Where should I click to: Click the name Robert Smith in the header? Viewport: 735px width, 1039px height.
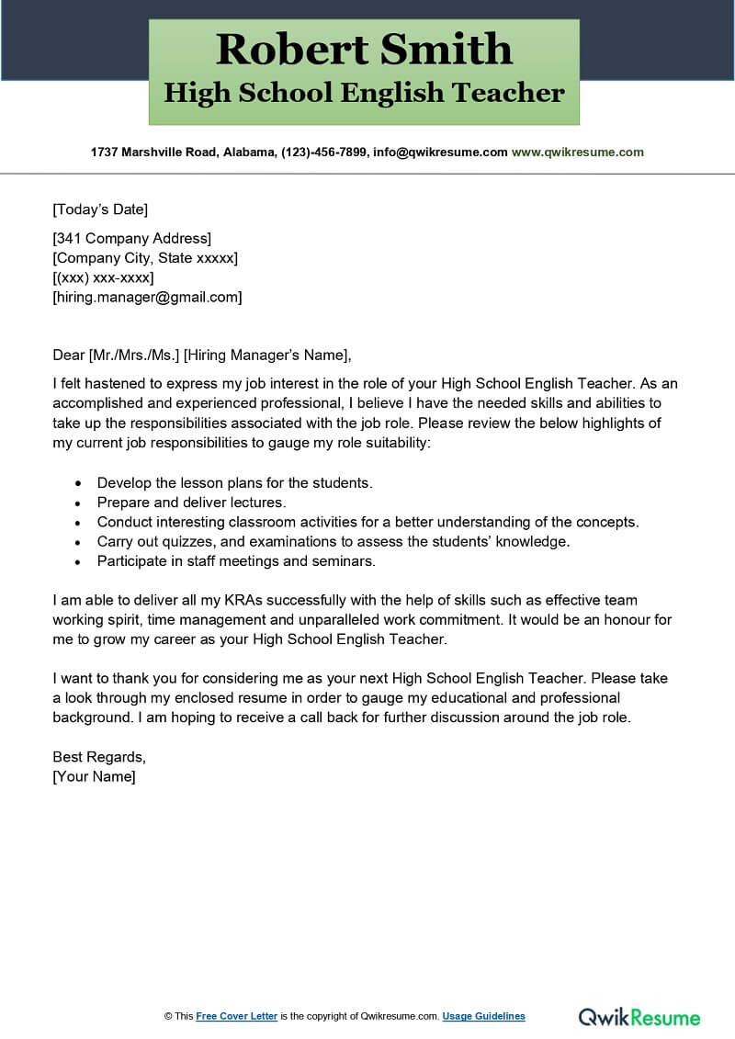[364, 49]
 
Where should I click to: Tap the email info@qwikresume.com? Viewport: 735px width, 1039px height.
[439, 152]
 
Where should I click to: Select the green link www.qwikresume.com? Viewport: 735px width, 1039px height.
[577, 152]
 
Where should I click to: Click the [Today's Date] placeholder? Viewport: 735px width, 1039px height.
[100, 209]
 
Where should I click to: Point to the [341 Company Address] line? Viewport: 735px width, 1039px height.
[131, 239]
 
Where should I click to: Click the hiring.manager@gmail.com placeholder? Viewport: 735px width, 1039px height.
[147, 297]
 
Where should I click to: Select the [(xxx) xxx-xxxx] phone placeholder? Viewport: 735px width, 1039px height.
[103, 277]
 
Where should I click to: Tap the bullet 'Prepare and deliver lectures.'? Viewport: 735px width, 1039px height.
[192, 503]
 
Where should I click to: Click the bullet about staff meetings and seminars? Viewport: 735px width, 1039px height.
[236, 560]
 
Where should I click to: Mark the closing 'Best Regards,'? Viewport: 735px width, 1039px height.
[99, 757]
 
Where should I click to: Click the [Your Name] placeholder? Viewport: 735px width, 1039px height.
[94, 776]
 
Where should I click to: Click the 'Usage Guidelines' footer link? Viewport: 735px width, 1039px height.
[483, 1016]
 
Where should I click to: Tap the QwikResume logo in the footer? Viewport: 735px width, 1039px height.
[639, 1016]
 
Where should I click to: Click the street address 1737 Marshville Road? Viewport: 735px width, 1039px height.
[153, 152]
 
